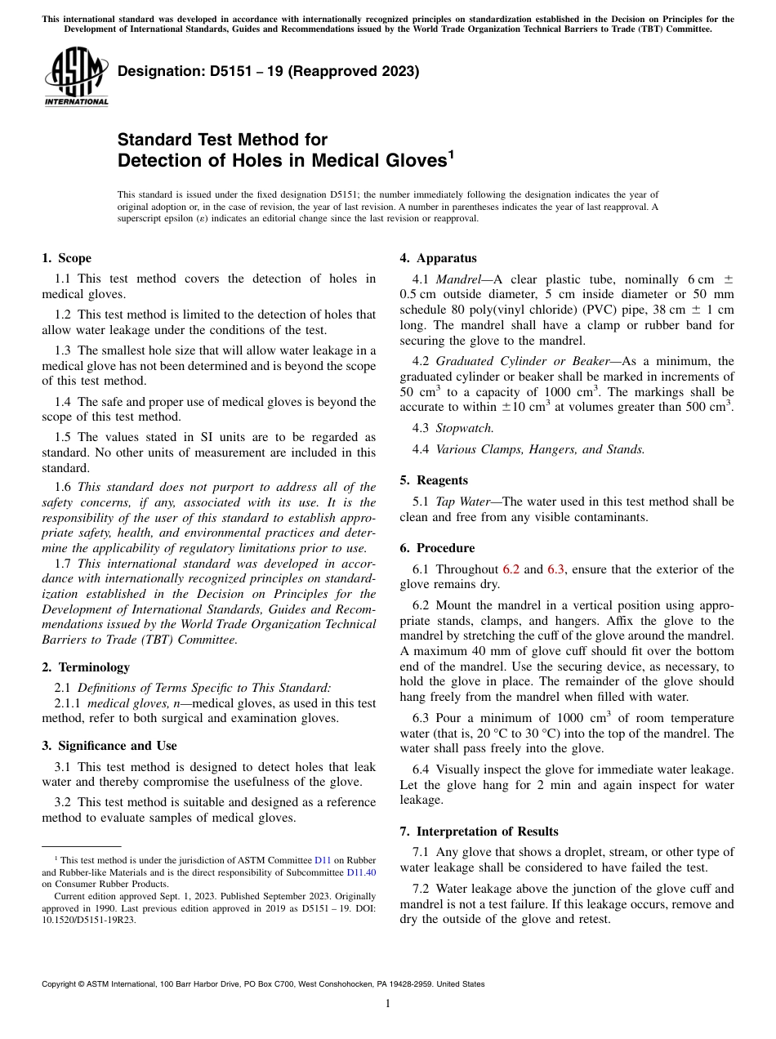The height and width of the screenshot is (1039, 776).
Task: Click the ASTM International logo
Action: tap(76, 78)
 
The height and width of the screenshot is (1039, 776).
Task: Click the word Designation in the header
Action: tap(158, 71)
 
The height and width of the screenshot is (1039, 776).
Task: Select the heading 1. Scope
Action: tap(67, 258)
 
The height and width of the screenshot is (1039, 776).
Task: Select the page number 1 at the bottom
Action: tap(388, 1003)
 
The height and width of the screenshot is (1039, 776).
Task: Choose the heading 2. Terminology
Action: tap(86, 667)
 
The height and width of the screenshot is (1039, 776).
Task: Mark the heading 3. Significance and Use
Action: tap(109, 746)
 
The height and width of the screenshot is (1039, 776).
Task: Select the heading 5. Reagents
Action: tap(434, 480)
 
